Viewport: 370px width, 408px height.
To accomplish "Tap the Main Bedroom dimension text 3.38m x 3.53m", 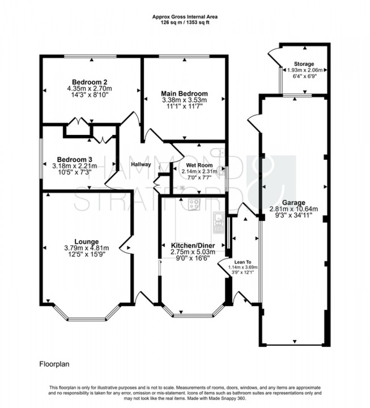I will (x=184, y=100).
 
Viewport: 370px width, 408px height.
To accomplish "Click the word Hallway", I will (x=141, y=164).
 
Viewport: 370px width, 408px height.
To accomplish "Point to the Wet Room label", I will (x=199, y=165).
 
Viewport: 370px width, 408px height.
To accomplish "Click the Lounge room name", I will (x=86, y=241).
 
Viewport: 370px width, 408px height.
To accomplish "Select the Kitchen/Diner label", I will (x=188, y=245).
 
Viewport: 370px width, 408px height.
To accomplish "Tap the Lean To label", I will (x=243, y=261).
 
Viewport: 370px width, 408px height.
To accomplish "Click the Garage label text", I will (x=293, y=202).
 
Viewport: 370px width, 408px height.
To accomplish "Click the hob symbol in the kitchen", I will (x=194, y=204).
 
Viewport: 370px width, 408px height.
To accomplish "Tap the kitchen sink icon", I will (x=218, y=222).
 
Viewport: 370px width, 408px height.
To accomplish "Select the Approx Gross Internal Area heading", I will (x=185, y=17).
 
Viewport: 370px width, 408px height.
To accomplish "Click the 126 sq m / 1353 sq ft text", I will (x=185, y=22).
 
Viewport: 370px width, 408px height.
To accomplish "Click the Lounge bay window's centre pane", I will (x=87, y=319).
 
